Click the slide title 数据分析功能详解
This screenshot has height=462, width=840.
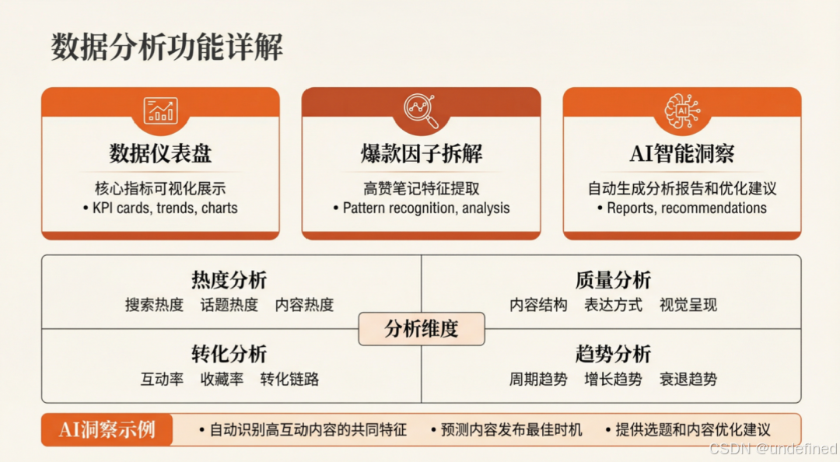[x=167, y=47]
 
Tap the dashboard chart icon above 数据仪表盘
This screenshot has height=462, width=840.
[x=160, y=110]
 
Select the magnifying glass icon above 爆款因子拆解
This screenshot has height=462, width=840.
[x=421, y=110]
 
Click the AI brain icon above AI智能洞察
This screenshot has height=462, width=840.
[x=682, y=110]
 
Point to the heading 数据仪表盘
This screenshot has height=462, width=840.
[x=160, y=153]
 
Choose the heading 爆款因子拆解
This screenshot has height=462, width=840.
[x=421, y=153]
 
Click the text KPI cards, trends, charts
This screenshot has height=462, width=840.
[x=160, y=208]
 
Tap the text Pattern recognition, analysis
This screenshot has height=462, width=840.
[x=422, y=208]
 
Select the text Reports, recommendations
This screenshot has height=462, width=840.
[x=682, y=208]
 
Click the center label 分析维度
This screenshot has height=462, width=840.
[x=421, y=329]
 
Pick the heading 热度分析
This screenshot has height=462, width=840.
[x=229, y=280]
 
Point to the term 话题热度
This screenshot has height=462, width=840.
[x=229, y=305]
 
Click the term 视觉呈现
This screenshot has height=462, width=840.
[x=688, y=305]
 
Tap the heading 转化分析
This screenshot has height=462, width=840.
[x=229, y=355]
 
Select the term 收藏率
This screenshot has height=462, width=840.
[x=222, y=380]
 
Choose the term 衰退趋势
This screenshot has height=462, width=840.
[x=688, y=380]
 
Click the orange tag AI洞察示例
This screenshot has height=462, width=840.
[x=107, y=429]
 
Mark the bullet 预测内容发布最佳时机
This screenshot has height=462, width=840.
[x=506, y=430]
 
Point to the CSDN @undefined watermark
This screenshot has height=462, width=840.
[x=773, y=450]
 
